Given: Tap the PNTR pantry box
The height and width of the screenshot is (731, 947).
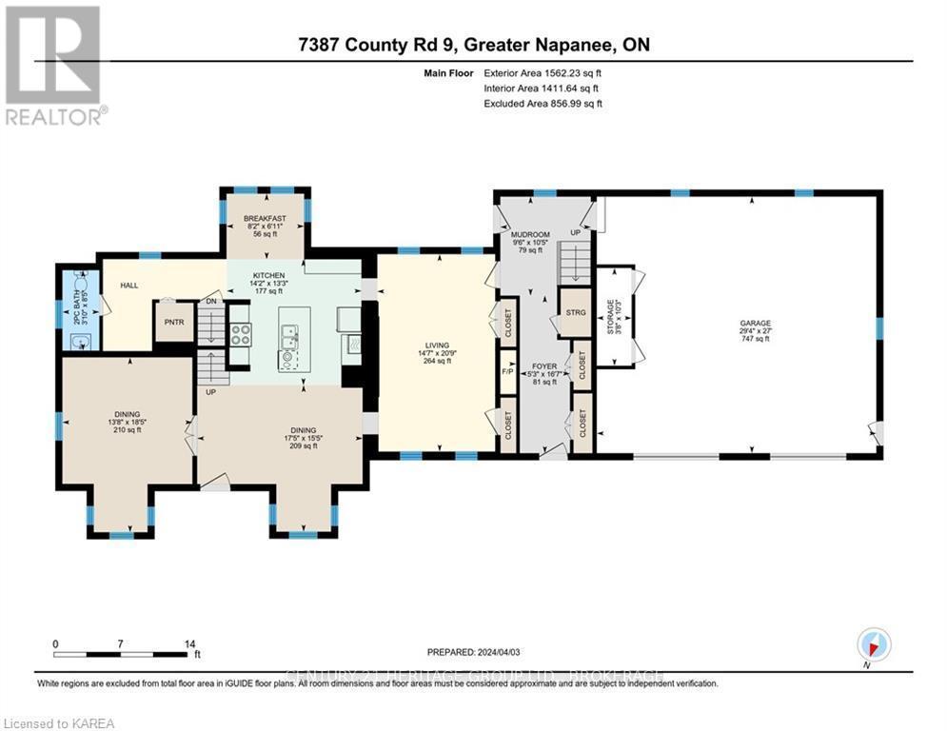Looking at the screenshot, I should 174,322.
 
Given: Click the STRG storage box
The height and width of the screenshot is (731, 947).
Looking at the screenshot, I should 575,311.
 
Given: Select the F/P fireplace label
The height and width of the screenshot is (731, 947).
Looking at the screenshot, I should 507,372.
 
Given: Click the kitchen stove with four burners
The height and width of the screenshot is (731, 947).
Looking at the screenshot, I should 239,334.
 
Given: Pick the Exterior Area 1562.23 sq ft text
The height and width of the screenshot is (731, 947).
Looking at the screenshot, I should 543,72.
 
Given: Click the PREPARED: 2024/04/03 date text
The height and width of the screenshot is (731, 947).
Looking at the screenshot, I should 475,652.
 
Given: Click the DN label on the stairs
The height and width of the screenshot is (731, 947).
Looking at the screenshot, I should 213,302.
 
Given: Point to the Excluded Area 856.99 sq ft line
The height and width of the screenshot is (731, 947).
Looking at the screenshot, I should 543,103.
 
